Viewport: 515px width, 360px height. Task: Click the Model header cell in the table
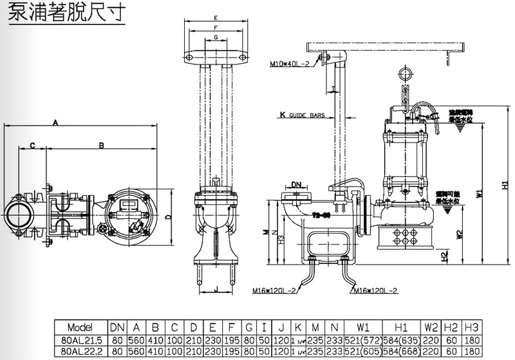click(x=80, y=327)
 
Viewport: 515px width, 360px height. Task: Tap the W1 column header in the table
click(x=362, y=327)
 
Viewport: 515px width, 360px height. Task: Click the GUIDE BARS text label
click(x=306, y=116)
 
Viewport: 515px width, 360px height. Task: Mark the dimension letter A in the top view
click(x=55, y=121)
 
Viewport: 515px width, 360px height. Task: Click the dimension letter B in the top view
click(x=101, y=145)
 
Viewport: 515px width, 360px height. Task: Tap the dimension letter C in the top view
click(x=32, y=145)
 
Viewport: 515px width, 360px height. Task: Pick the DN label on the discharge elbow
click(x=296, y=185)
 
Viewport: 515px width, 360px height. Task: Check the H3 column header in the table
click(x=473, y=327)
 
